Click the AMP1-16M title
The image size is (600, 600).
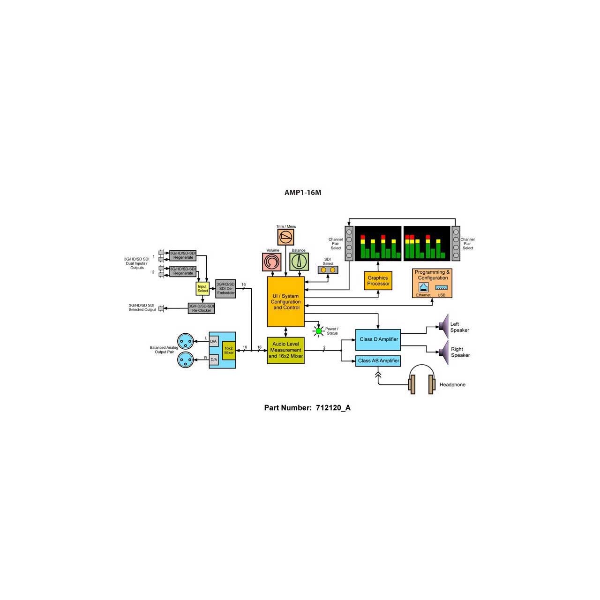[x=302, y=193]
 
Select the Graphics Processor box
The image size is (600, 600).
[x=378, y=280]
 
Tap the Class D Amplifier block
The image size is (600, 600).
[x=378, y=340]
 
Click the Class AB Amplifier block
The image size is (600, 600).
[x=378, y=360]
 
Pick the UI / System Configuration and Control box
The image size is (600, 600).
[x=285, y=301]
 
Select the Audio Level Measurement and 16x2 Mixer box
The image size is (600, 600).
[x=285, y=350]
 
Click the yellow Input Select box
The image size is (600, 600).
[x=202, y=289]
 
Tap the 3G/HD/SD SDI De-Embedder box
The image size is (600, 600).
[x=225, y=289]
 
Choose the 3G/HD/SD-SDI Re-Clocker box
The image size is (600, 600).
[x=201, y=308]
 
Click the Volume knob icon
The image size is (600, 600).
[x=272, y=262]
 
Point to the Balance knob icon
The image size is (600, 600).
[x=299, y=262]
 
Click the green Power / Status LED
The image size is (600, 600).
[x=319, y=331]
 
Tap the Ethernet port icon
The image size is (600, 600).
[x=423, y=287]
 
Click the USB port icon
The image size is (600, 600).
[x=441, y=287]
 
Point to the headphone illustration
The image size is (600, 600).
[x=421, y=379]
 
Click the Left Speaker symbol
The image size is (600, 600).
[x=444, y=326]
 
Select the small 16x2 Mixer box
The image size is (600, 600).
[x=229, y=350]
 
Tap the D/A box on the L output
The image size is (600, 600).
[x=214, y=341]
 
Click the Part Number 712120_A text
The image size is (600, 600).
[x=307, y=407]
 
